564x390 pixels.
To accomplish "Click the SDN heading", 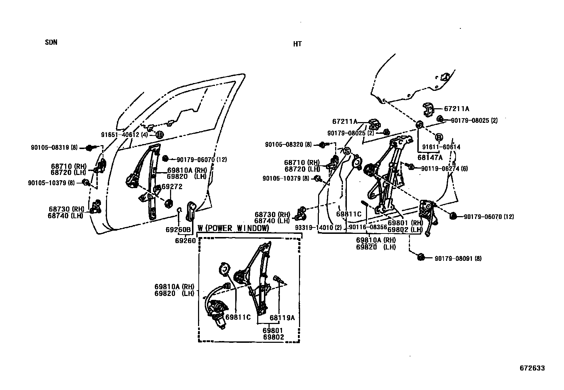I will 51,42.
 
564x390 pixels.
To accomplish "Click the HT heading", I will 297,44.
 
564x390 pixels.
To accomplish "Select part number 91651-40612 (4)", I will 124,135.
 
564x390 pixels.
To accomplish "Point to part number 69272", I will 172,187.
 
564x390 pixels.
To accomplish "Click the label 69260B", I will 178,230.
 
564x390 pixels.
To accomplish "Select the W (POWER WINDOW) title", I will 233,228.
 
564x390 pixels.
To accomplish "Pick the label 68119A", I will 282,318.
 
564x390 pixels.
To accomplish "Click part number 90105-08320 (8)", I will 288,144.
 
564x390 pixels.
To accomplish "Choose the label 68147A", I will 430,157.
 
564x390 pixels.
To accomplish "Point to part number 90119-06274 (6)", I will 444,169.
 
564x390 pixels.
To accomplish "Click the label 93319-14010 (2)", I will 318,227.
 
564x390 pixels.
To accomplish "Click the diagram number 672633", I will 532,368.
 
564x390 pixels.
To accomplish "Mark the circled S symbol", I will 346,150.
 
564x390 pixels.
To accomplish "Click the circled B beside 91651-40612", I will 159,135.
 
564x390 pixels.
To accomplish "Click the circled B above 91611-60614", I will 439,137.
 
